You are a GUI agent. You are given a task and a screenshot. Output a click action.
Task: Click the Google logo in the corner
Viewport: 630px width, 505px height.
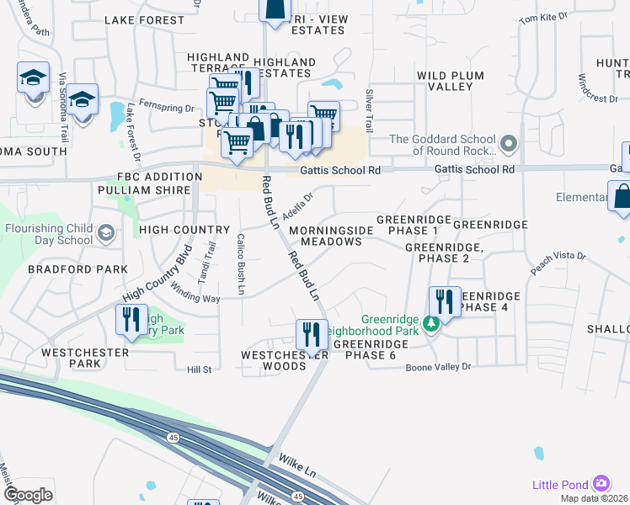[x=29, y=494]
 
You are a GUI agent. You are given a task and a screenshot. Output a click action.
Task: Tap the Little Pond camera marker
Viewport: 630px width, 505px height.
[x=601, y=484]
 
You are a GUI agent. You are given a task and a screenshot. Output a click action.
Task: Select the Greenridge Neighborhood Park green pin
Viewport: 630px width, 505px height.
[x=431, y=323]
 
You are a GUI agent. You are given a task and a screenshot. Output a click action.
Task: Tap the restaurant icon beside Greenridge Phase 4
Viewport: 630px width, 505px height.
[x=445, y=300]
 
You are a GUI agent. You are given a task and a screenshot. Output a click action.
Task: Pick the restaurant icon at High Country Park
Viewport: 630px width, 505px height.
[x=131, y=320]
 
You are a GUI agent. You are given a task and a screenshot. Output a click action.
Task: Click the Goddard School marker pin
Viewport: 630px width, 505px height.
[x=507, y=145]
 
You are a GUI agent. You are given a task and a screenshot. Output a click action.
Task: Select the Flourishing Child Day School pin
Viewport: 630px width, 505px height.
[x=105, y=231]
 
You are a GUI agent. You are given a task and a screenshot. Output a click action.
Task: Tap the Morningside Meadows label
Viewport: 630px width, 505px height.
[x=325, y=236]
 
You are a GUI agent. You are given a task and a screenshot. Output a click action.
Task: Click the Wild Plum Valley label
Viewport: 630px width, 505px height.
[x=451, y=82]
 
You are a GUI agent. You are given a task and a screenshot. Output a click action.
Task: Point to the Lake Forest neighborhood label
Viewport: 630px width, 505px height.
[x=144, y=19]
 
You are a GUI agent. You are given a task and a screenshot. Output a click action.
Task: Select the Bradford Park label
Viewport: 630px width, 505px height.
[x=77, y=269]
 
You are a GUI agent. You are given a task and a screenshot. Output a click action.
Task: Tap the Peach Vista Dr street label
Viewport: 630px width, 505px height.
[x=558, y=263]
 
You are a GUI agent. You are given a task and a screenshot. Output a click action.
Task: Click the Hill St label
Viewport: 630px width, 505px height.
[x=200, y=369]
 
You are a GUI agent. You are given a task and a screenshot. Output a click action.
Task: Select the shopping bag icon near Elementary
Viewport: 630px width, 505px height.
[x=622, y=196]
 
